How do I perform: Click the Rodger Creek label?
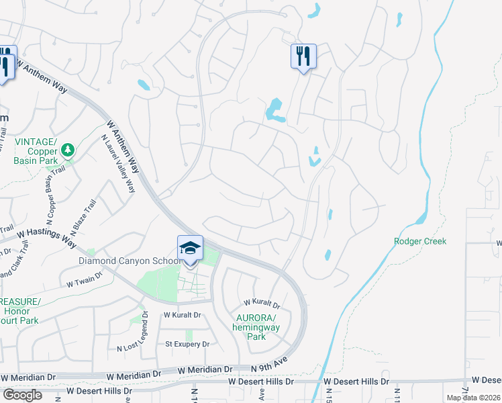click(x=420, y=241)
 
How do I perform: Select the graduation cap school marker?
click(x=190, y=249)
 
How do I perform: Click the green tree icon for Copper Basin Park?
click(x=67, y=150)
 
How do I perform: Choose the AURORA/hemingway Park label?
click(x=256, y=327)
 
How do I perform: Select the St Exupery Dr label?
click(x=188, y=345)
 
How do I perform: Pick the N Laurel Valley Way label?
click(x=118, y=163)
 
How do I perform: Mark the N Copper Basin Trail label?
click(x=52, y=202)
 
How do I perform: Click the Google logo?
click(x=22, y=395)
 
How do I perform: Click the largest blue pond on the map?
click(x=274, y=109)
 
